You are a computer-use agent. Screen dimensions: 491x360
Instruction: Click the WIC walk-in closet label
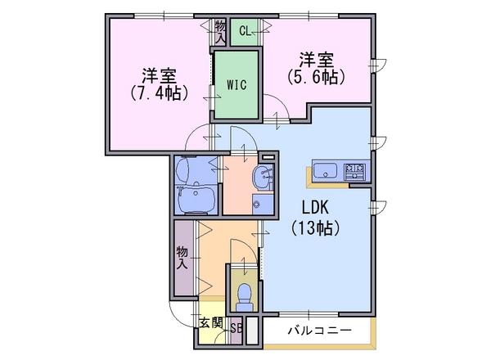(236, 84)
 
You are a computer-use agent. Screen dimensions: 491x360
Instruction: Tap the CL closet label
(245, 31)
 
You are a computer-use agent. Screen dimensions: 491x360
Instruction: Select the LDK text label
(315, 207)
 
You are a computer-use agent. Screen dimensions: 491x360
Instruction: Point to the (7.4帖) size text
(159, 92)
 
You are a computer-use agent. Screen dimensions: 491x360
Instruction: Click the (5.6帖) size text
(316, 77)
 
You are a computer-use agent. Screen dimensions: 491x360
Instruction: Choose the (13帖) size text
(315, 227)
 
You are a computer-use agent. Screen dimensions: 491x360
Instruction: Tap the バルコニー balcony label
(319, 331)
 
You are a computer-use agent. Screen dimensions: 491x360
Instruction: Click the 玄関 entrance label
(211, 322)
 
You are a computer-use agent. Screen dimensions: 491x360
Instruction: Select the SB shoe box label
(236, 328)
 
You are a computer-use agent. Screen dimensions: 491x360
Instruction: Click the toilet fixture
(245, 297)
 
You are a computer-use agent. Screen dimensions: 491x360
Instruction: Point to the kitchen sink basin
(325, 171)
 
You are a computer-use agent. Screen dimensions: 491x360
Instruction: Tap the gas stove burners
(354, 172)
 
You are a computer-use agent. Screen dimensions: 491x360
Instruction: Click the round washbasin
(263, 178)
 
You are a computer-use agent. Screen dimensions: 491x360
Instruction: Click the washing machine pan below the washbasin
(263, 205)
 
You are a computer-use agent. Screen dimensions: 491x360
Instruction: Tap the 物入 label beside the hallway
(182, 258)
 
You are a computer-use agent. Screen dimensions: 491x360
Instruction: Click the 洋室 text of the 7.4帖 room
(159, 76)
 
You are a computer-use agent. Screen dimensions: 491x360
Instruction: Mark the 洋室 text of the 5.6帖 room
(316, 60)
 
